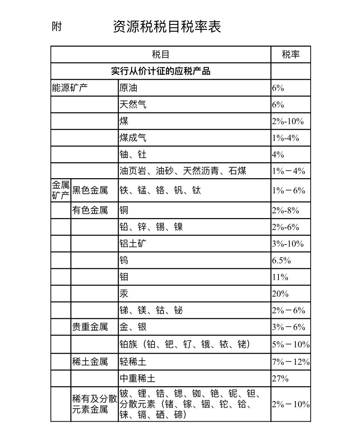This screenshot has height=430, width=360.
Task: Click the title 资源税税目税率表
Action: [167, 27]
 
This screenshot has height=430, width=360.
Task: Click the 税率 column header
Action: [291, 55]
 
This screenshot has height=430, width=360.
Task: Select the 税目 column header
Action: [161, 55]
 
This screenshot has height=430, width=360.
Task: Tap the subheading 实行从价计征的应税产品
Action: [161, 71]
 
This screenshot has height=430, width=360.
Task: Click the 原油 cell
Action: [128, 88]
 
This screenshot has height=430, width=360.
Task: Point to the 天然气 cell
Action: [133, 105]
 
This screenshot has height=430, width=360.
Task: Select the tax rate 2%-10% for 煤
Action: [288, 121]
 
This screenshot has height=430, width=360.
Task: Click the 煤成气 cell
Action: [133, 138]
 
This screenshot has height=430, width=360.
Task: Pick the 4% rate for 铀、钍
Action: [278, 155]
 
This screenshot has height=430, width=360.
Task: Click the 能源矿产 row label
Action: [70, 88]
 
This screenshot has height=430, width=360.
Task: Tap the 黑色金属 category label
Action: [90, 191]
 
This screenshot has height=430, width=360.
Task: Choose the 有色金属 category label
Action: [90, 210]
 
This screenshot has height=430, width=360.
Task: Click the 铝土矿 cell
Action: [133, 244]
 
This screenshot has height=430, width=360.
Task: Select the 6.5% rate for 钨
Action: [281, 261]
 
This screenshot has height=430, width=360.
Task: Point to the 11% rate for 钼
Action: [280, 277]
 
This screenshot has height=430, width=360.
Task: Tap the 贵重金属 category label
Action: [90, 327]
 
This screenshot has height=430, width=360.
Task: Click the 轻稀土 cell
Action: [133, 362]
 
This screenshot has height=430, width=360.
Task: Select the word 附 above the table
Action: [57, 26]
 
